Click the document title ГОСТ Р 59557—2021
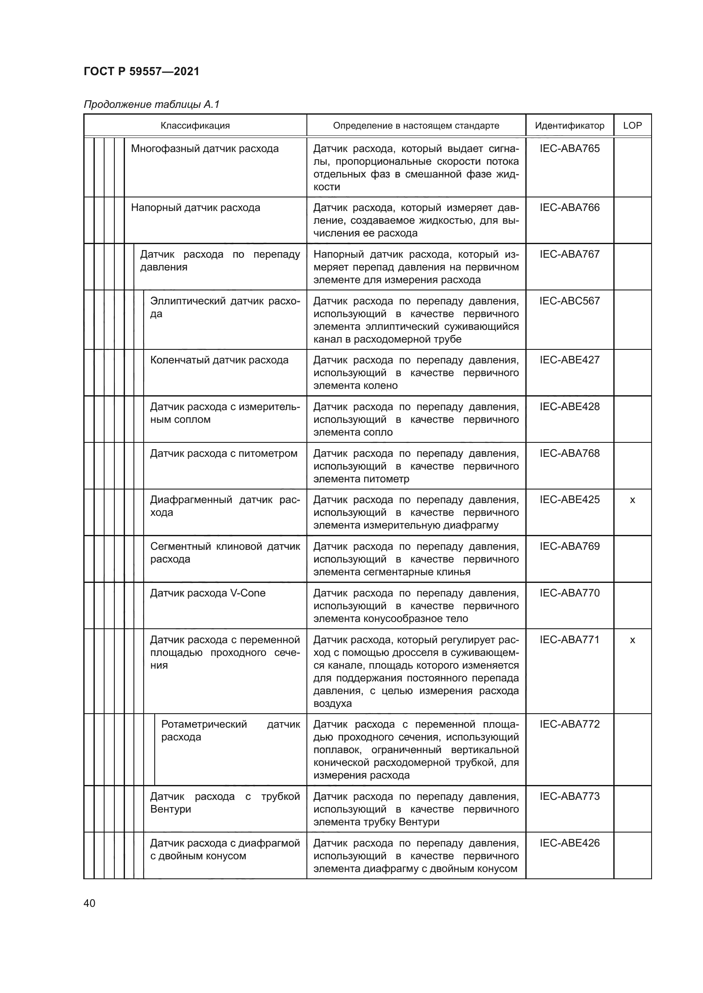(x=142, y=71)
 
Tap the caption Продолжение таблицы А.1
(x=151, y=104)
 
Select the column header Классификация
(x=195, y=126)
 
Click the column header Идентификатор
(x=569, y=126)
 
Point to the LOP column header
(x=632, y=126)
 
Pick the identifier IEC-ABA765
(x=569, y=149)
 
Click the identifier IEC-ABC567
(x=569, y=301)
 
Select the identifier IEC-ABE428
(x=569, y=407)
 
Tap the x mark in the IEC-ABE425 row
(x=632, y=501)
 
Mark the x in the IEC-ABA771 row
(x=632, y=641)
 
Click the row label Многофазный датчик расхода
(x=205, y=149)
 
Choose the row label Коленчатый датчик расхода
(x=219, y=360)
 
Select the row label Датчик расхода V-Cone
(x=208, y=594)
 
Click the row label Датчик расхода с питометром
(x=224, y=454)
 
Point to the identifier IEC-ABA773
(x=569, y=796)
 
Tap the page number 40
(x=89, y=903)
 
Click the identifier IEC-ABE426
(x=569, y=843)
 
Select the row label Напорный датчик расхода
(x=196, y=208)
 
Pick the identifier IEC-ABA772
(x=569, y=724)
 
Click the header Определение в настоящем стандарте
(x=416, y=126)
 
